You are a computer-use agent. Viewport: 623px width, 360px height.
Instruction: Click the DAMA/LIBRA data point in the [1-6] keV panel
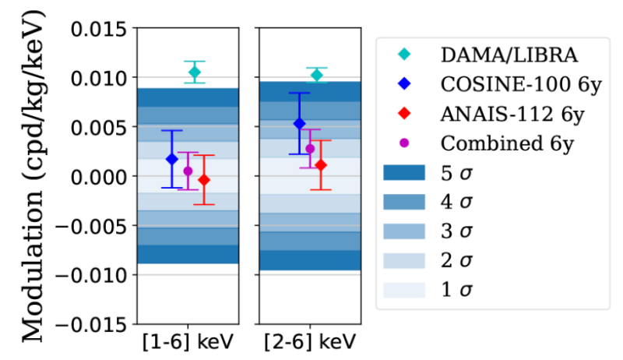point(195,72)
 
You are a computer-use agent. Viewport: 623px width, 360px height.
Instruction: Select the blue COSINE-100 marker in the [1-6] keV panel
point(172,159)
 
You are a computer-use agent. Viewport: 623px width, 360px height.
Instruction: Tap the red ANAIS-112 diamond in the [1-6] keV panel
point(204,180)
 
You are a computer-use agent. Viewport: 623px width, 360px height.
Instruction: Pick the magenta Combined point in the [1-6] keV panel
point(188,171)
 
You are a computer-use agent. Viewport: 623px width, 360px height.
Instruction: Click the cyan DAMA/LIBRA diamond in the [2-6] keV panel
point(316,75)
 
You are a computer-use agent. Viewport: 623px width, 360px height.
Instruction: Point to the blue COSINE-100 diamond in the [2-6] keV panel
point(299,123)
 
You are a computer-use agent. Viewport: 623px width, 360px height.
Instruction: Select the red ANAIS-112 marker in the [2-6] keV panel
point(321,165)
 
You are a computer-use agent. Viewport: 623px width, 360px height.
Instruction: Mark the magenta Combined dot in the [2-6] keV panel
point(310,149)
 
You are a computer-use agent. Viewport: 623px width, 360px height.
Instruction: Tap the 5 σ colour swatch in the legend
point(403,172)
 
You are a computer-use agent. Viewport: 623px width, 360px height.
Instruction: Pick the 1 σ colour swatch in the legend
point(403,290)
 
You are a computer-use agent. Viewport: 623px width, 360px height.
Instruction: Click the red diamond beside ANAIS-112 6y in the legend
point(403,115)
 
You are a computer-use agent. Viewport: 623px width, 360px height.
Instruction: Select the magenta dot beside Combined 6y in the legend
point(403,143)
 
